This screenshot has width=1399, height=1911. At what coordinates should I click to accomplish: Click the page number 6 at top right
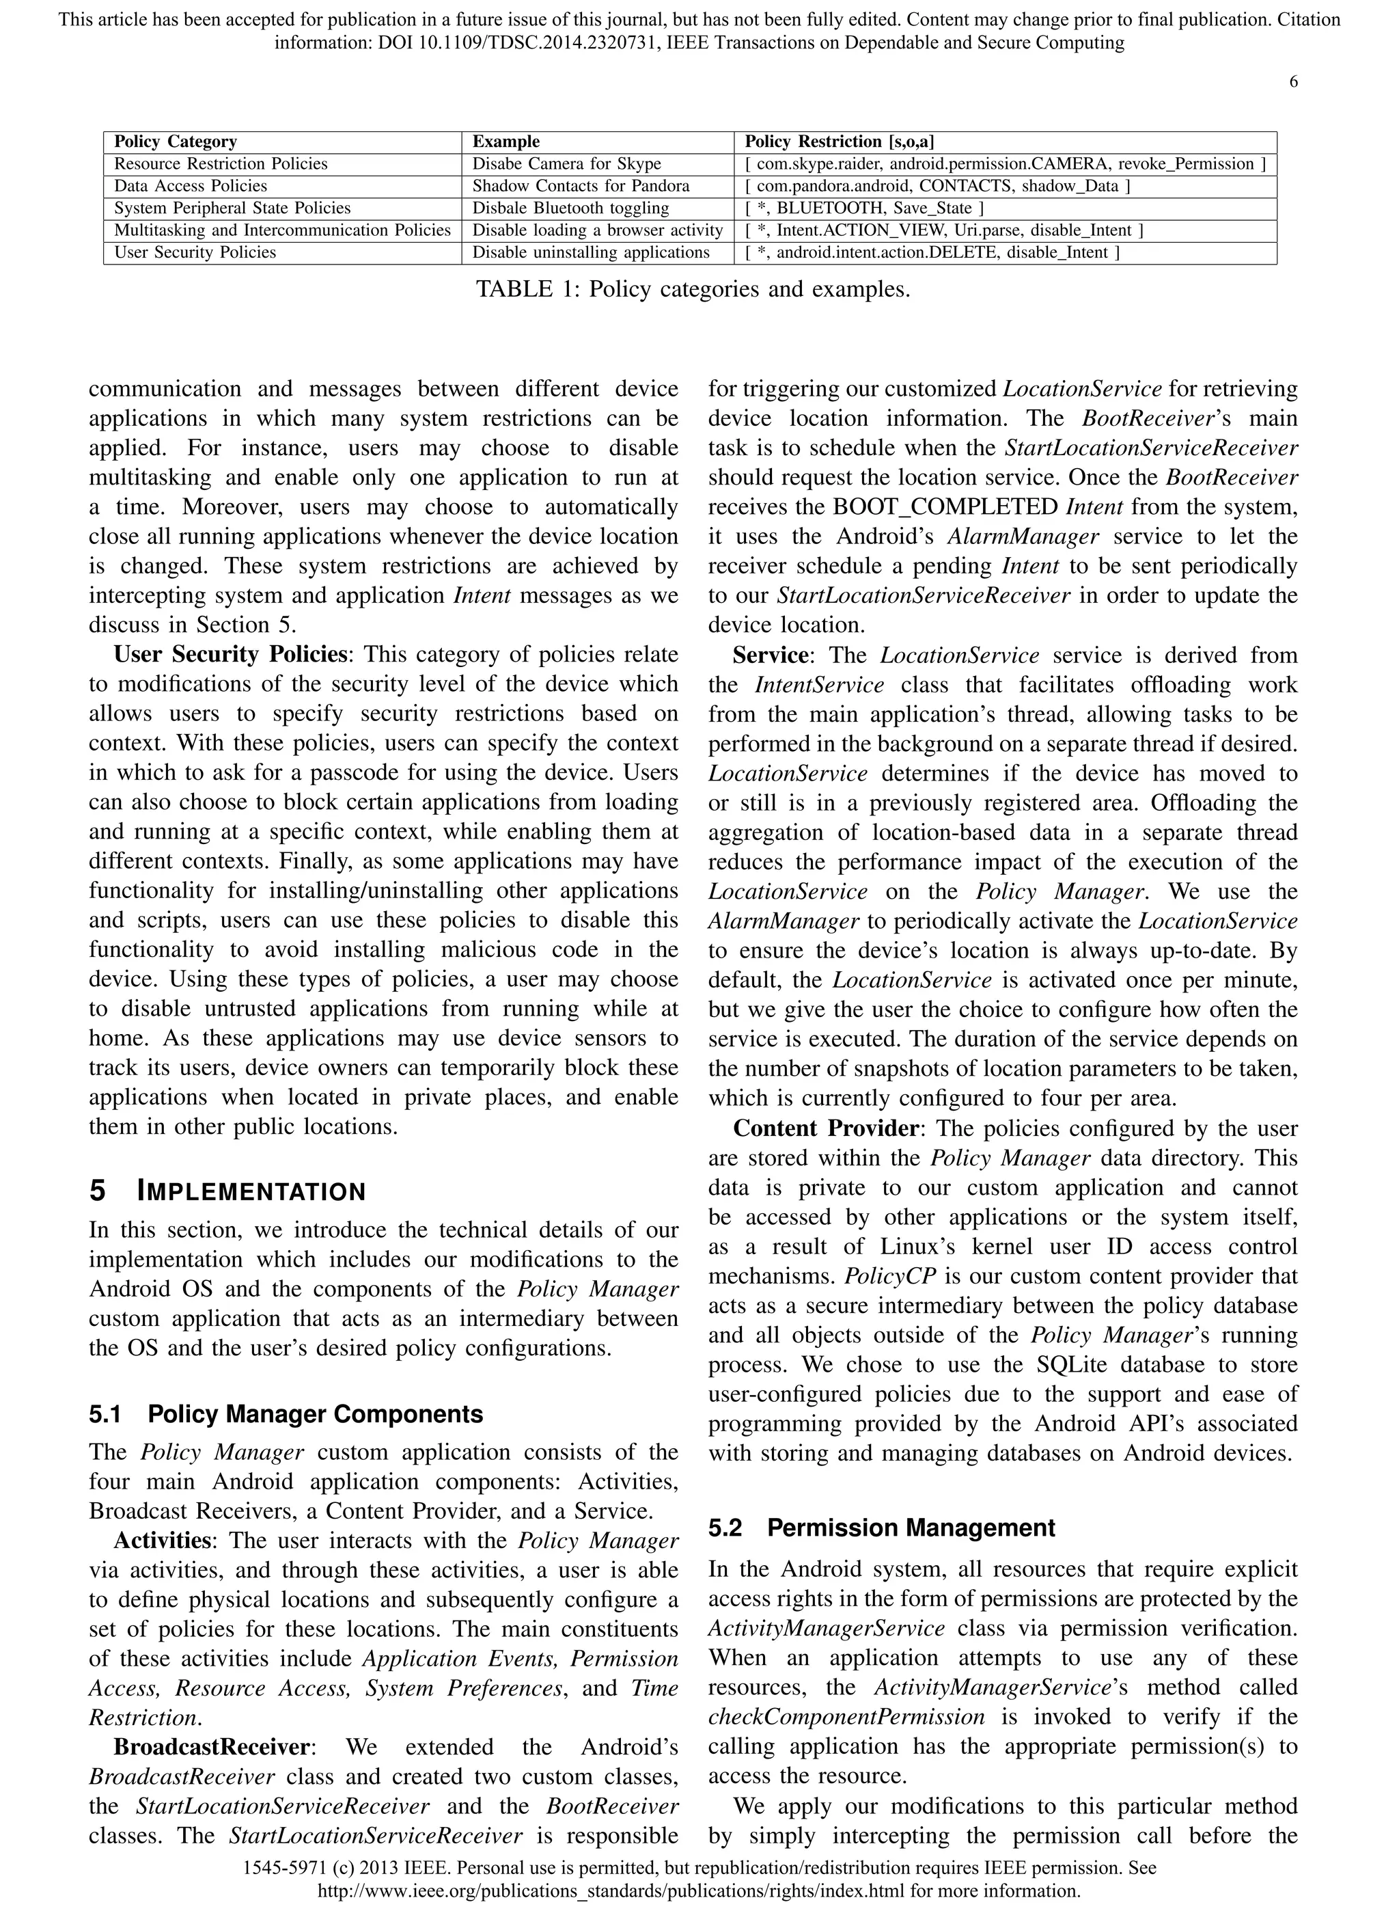click(x=1293, y=82)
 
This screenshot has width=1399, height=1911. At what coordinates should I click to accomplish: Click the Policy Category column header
click(x=176, y=141)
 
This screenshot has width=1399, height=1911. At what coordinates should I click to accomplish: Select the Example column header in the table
click(x=505, y=141)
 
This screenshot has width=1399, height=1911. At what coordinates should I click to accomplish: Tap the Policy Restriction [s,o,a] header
click(x=840, y=141)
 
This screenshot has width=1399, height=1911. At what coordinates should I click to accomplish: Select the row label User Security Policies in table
click(x=195, y=252)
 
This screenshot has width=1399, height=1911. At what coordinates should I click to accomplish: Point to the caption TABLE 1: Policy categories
click(x=693, y=290)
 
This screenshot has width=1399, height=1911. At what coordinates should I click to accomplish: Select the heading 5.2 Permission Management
click(x=882, y=1528)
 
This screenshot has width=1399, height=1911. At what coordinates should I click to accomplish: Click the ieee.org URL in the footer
click(x=699, y=1890)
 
